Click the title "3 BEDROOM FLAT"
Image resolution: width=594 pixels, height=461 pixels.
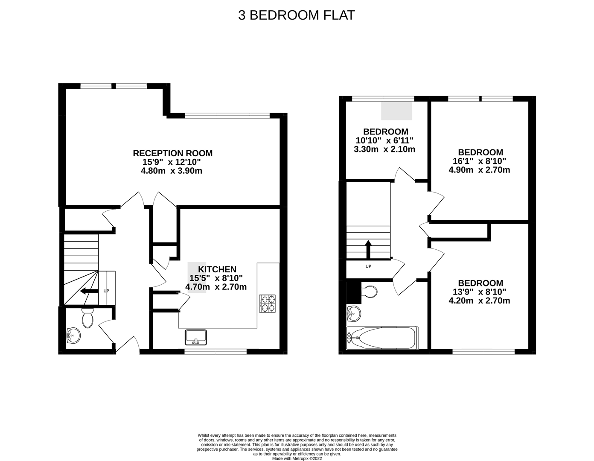click(297, 15)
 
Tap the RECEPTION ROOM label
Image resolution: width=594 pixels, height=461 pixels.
click(172, 153)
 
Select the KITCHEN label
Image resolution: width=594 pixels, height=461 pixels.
click(217, 269)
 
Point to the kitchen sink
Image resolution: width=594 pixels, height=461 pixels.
click(196, 337)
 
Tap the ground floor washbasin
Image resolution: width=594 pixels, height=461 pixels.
click(73, 335)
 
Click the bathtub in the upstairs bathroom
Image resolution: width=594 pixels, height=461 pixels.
click(382, 338)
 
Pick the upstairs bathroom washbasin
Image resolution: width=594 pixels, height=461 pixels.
click(354, 314)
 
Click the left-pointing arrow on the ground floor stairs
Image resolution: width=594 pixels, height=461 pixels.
click(88, 291)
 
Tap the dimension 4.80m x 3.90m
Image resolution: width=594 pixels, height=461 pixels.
click(172, 171)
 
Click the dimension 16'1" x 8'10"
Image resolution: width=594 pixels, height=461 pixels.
click(480, 161)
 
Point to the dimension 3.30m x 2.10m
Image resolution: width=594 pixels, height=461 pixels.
click(384, 149)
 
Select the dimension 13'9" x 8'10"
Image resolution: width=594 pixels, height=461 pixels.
click(480, 292)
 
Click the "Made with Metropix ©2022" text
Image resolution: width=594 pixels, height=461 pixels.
click(297, 458)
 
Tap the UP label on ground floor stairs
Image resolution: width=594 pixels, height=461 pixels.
click(106, 291)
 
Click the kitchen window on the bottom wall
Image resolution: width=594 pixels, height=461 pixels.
click(215, 352)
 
